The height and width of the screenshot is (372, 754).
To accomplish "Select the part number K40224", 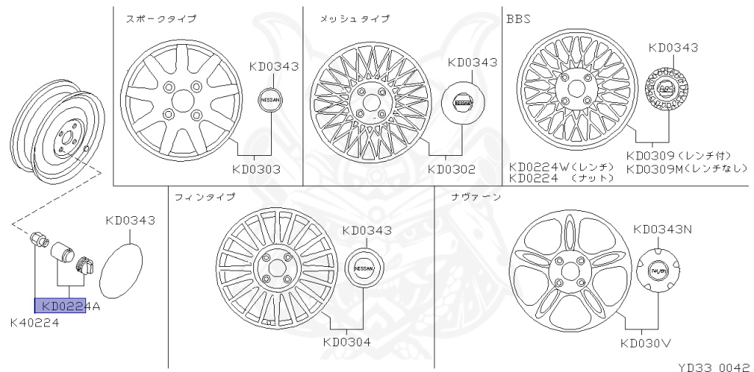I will click(x=35, y=323).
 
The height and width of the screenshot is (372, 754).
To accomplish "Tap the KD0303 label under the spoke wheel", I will click(x=256, y=169).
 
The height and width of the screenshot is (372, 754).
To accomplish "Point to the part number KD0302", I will click(x=451, y=169).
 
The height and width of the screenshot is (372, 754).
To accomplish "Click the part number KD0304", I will click(x=346, y=341).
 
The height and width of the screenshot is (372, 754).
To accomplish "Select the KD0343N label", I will click(x=662, y=229).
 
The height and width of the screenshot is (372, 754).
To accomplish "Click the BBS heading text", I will click(x=518, y=18).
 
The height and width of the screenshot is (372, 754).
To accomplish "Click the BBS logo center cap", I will click(x=667, y=90).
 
